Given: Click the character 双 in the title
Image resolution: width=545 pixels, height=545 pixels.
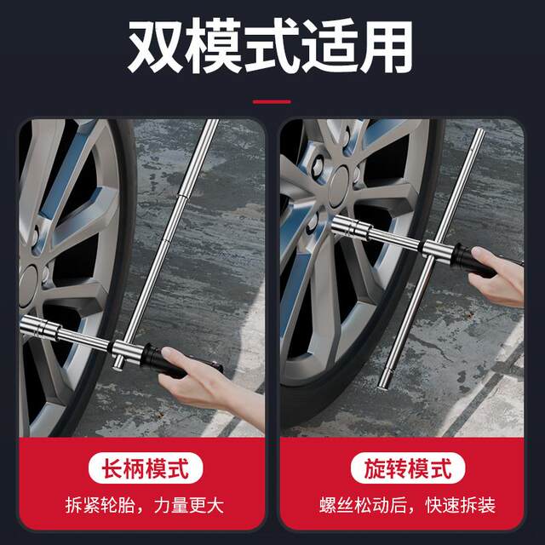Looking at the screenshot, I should (x=156, y=47).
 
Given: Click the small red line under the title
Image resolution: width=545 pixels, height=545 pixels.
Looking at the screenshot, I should (x=272, y=101).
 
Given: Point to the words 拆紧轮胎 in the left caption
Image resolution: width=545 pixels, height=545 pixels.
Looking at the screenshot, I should (x=94, y=505).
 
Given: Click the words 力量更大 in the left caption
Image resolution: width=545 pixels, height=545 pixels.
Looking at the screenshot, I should (x=189, y=505).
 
